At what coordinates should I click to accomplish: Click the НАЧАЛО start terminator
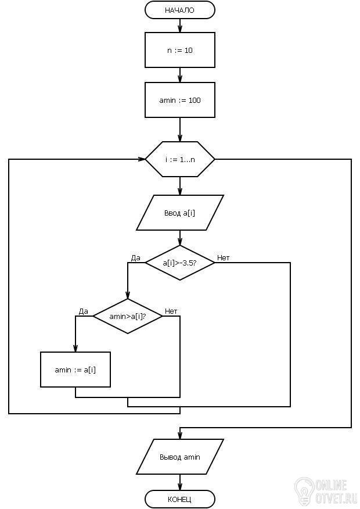[x=180, y=10]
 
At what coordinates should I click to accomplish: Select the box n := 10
[x=180, y=51]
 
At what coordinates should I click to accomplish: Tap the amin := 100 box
[x=180, y=100]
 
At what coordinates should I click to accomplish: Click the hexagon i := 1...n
[x=180, y=159]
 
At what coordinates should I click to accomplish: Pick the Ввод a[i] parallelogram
[x=180, y=213]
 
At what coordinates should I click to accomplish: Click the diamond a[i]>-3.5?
[x=180, y=263]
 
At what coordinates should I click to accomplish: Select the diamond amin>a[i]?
[x=128, y=316]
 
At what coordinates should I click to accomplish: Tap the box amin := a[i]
[x=75, y=370]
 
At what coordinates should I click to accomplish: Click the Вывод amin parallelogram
[x=180, y=457]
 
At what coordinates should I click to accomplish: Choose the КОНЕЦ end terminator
[x=180, y=499]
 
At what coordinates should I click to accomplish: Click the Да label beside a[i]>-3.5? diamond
[x=136, y=257]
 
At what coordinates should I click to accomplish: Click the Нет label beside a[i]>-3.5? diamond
[x=223, y=257]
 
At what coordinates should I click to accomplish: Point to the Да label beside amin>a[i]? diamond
[x=83, y=311]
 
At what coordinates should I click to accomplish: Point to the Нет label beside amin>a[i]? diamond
[x=171, y=311]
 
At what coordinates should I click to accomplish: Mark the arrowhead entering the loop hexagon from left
[x=142, y=159]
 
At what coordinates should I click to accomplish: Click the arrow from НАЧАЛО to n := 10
[x=180, y=26]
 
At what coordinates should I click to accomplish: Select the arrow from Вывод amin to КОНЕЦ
[x=180, y=482]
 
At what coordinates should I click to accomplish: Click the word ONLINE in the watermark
[x=332, y=484]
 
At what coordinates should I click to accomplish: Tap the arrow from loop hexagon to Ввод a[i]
[x=180, y=186]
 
